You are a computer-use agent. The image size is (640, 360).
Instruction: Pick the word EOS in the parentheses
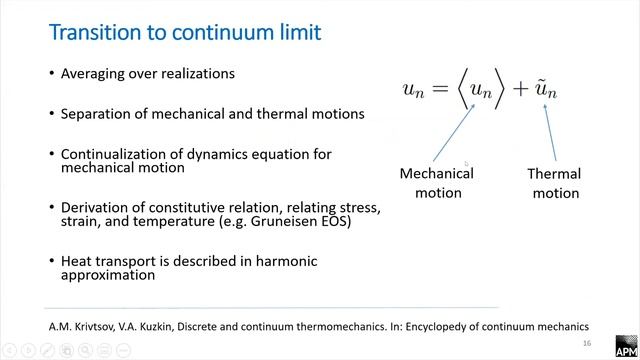pos(334,221)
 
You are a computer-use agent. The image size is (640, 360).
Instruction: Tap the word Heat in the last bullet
pos(78,261)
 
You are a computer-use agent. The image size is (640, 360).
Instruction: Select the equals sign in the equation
pos(443,89)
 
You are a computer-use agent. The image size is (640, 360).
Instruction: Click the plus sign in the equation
pos(519,89)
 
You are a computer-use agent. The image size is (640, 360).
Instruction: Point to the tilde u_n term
pos(546,89)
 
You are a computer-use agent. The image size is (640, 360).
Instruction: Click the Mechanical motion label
pos(437,182)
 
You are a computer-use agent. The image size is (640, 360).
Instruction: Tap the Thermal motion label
pos(554,183)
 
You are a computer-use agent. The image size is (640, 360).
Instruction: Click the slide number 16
pos(586,314)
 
